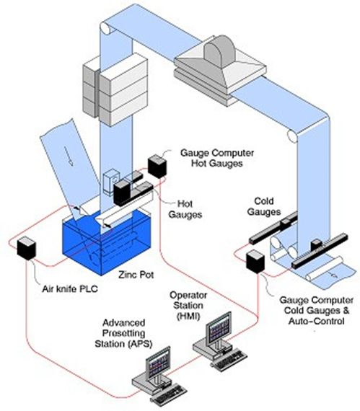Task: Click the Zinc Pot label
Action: (136, 275)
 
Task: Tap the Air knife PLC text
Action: (70, 289)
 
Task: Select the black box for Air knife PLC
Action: (26, 248)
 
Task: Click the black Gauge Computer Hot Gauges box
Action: (157, 167)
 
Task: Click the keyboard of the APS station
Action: (169, 395)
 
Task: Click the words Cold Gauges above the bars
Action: (264, 206)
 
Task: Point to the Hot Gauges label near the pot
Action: (185, 209)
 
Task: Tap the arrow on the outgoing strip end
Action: (333, 275)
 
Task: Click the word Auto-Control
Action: (316, 321)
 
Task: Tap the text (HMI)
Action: (188, 316)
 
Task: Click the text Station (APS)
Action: (123, 344)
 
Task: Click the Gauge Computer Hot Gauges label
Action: (217, 158)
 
